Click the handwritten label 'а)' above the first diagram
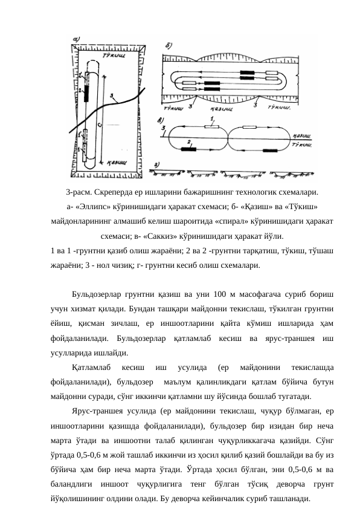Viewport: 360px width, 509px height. click(77, 40)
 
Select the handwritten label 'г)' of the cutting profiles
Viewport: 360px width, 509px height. click(157, 164)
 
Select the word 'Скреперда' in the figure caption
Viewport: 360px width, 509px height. click(114, 193)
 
